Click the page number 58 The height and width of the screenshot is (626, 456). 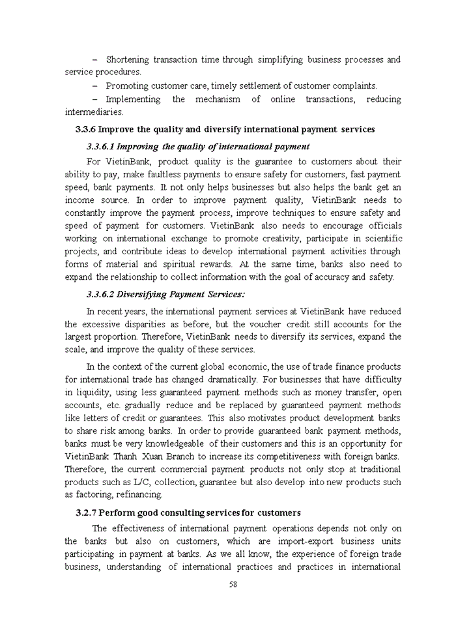click(233, 584)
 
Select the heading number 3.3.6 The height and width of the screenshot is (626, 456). click(85, 129)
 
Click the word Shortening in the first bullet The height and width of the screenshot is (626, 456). click(127, 59)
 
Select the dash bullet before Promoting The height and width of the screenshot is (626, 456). click(95, 86)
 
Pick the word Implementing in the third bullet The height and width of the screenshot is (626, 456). click(133, 99)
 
